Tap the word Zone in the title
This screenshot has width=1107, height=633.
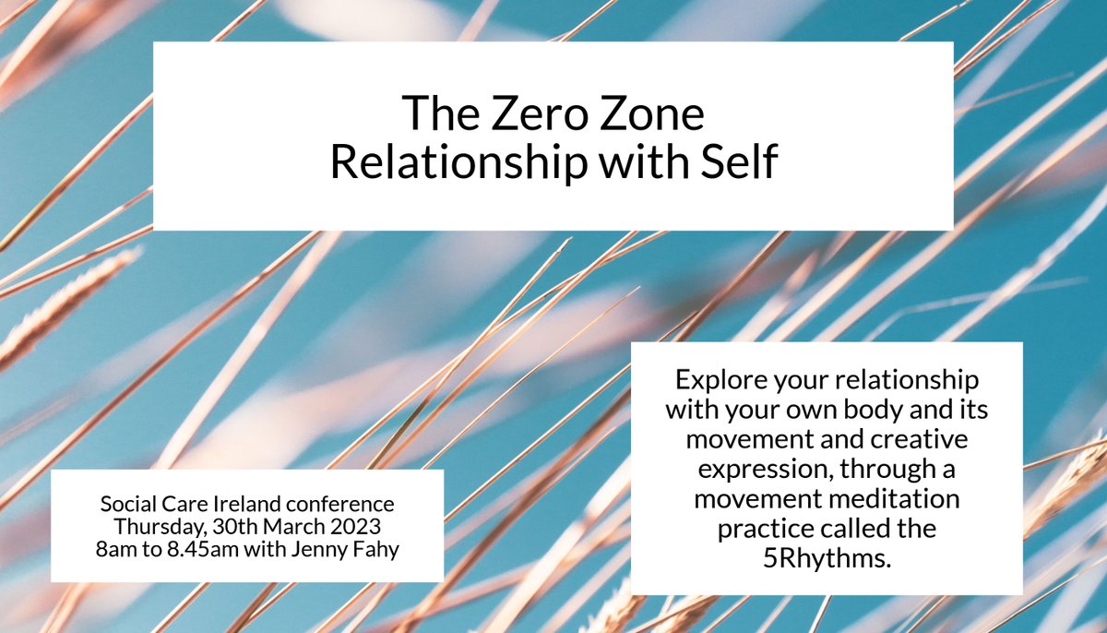coord(649,115)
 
